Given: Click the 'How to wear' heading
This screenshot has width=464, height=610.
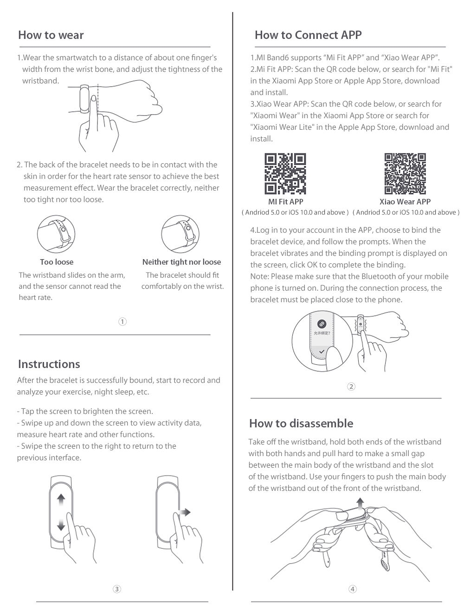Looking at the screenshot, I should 51,35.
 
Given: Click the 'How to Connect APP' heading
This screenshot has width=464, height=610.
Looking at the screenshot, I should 308,35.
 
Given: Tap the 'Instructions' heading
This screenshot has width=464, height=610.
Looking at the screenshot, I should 49,364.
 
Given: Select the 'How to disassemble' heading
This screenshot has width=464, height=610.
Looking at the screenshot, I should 301,423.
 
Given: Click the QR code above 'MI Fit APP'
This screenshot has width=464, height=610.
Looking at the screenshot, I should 285,173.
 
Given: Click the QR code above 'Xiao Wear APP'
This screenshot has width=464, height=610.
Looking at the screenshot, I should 405,173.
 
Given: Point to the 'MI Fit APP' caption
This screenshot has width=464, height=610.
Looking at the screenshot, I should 285,202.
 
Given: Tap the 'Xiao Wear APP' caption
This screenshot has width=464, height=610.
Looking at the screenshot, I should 405,202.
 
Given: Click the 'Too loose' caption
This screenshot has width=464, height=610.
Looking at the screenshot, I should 57,262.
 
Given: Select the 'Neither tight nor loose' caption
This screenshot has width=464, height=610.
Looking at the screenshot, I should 181,262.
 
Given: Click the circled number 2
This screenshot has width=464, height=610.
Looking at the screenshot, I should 351,387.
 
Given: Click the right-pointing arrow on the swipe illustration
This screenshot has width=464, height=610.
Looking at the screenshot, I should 184,512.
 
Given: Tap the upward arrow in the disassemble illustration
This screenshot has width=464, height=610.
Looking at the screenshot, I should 360,502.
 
